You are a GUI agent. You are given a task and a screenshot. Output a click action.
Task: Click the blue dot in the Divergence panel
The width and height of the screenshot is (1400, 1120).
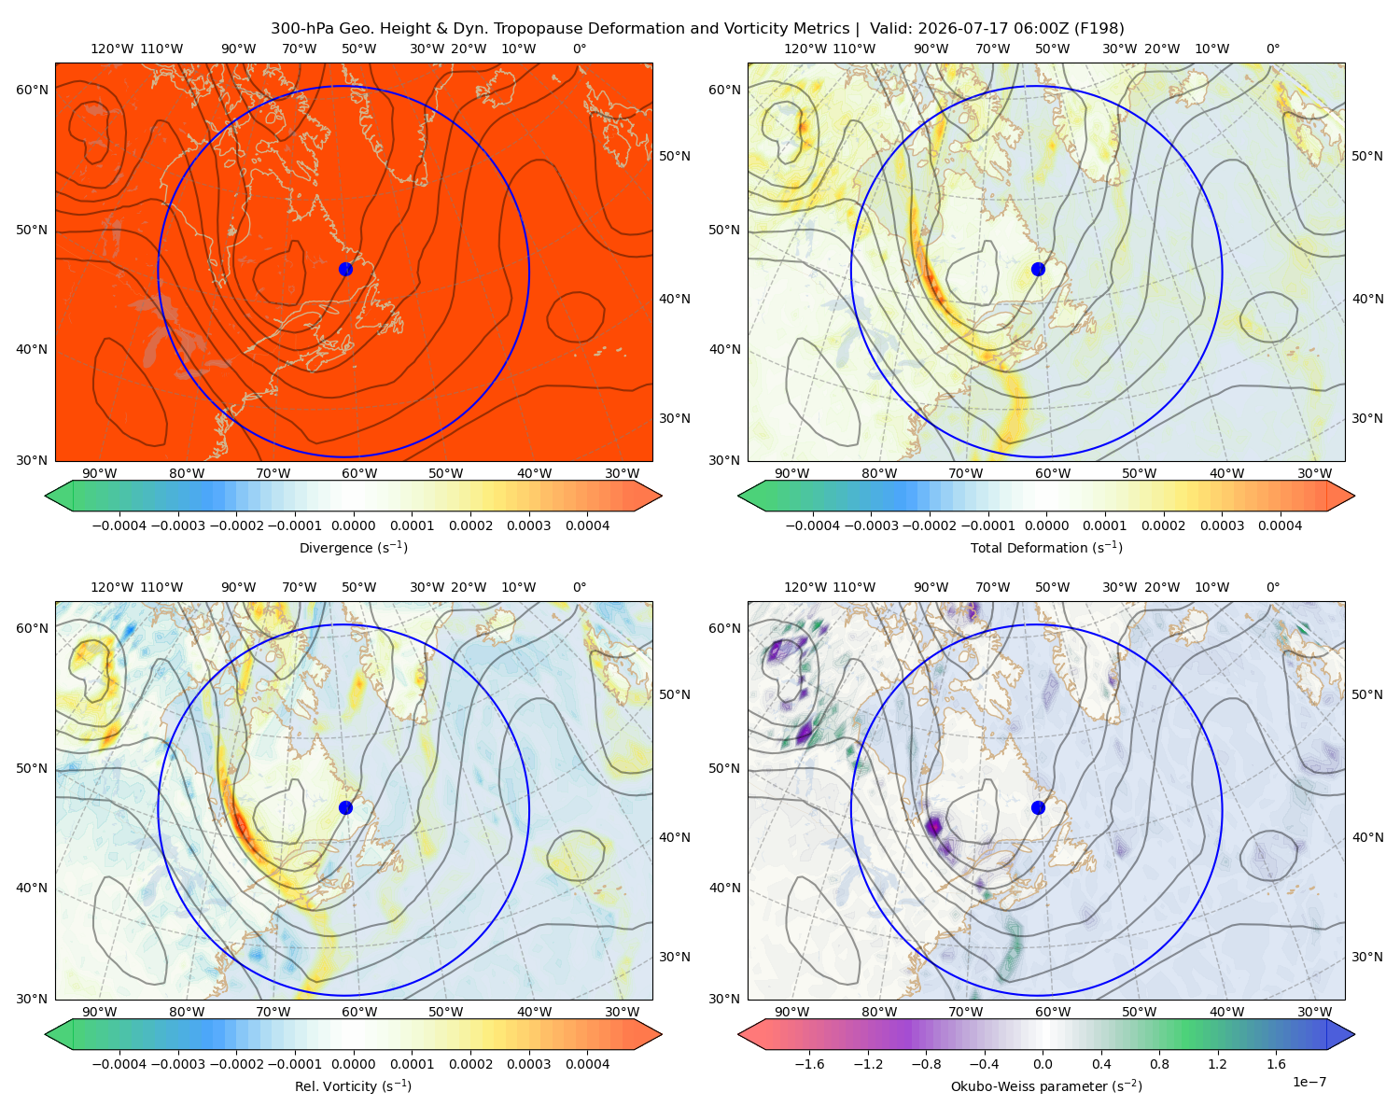(x=345, y=269)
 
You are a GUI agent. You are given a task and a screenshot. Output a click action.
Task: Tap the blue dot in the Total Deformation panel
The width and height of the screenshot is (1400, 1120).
(x=1038, y=269)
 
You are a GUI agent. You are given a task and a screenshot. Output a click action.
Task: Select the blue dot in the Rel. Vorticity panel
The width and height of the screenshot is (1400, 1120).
(x=345, y=807)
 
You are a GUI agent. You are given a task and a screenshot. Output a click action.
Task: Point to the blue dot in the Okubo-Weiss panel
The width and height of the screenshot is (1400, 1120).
(x=1038, y=807)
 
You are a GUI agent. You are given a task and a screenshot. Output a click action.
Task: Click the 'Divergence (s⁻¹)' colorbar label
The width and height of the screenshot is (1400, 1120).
(x=353, y=547)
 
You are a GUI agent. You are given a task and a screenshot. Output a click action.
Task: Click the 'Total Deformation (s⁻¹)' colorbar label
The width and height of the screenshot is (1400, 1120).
(x=1046, y=547)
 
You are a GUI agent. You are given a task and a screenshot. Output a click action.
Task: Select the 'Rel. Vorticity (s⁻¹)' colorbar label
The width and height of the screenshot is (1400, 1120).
(x=353, y=1085)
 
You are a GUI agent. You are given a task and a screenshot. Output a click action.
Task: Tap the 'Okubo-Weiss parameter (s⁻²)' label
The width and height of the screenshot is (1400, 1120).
(x=1046, y=1085)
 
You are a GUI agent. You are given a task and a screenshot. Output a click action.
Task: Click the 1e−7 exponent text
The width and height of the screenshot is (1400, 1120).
(x=1309, y=1082)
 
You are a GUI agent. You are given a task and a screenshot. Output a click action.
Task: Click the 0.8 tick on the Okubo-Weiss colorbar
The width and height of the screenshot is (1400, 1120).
(x=1159, y=1063)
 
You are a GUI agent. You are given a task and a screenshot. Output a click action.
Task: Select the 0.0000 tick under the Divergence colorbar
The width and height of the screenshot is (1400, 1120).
(x=353, y=525)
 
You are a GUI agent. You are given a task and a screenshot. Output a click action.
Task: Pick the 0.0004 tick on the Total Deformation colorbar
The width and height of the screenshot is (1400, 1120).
(x=1280, y=525)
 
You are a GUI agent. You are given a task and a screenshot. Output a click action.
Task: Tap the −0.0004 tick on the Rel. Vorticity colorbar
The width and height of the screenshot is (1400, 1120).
(x=119, y=1063)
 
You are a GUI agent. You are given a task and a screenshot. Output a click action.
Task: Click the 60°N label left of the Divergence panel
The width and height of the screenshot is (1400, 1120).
(x=32, y=90)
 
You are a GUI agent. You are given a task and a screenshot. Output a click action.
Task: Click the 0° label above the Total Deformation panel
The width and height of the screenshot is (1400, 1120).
(x=1272, y=49)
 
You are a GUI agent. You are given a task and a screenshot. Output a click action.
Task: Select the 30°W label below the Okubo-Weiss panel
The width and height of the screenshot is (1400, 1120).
(x=1315, y=1012)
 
